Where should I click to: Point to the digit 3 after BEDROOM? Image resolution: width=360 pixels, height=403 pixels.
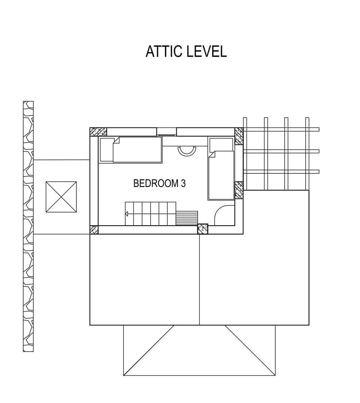pyautogui.click(x=183, y=183)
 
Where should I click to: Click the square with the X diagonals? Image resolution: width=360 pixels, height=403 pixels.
pyautogui.click(x=61, y=197)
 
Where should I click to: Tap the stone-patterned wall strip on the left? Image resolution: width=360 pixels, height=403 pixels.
pyautogui.click(x=28, y=226)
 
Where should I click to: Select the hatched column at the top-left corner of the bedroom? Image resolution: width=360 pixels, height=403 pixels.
pyautogui.click(x=98, y=132)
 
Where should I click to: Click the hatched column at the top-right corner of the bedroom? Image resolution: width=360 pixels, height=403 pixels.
pyautogui.click(x=239, y=136)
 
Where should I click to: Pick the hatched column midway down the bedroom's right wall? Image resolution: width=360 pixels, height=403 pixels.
pyautogui.click(x=239, y=190)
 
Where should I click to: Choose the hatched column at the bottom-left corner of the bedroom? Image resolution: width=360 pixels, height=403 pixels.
pyautogui.click(x=94, y=230)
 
